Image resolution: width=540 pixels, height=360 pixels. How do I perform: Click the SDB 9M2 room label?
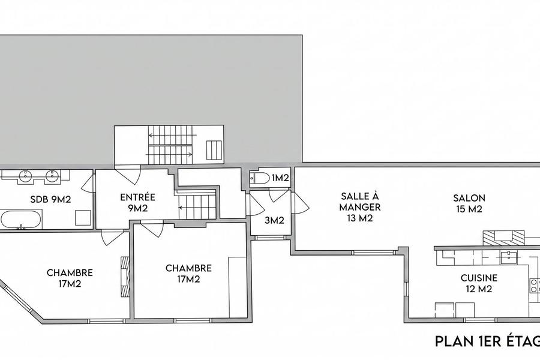coord(50,199)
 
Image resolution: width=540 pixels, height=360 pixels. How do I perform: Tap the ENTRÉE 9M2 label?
coord(138,203)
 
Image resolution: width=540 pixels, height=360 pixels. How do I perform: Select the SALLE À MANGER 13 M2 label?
coord(360,206)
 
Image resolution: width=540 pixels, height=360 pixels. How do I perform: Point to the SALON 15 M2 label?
coord(469,203)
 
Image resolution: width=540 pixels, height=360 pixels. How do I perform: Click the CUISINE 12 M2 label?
coord(479,283)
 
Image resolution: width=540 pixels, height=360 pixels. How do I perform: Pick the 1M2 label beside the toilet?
coord(280,178)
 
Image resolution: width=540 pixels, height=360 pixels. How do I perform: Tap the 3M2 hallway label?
coord(274,220)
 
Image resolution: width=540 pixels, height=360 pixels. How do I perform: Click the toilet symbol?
coord(260,178)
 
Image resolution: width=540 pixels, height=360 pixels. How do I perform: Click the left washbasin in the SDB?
coord(25,175)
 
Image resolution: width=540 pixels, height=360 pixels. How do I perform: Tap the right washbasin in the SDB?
coord(52,175)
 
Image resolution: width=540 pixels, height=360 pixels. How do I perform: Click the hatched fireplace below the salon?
coord(503,238)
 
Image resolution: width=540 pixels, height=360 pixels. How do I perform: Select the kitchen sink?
coord(509,256)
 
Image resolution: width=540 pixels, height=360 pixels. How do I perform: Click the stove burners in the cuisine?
coord(535,285)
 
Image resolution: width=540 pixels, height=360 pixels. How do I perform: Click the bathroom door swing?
coord(88,182)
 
